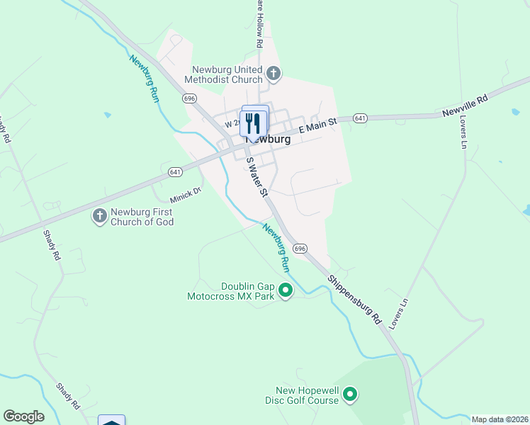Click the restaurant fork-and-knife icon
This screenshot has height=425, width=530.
tap(253, 124)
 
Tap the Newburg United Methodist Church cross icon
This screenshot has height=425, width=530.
tap(274, 73)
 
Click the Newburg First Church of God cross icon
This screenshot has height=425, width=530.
tap(100, 215)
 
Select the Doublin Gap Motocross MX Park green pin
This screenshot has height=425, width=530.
tap(286, 290)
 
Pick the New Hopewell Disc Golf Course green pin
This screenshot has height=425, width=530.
tap(351, 394)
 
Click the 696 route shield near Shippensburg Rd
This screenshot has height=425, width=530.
tap(300, 249)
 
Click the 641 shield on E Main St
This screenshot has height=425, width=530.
tap(360, 118)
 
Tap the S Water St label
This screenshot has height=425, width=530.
tap(256, 178)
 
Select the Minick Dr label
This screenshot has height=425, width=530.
tap(186, 194)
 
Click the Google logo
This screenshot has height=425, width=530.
tap(23, 416)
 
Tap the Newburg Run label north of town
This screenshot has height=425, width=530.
tap(144, 79)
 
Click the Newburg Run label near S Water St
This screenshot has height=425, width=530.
tap(276, 248)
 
